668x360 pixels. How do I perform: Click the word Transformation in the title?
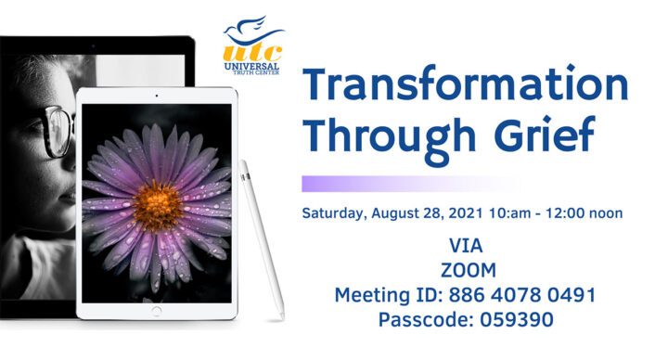click(466, 87)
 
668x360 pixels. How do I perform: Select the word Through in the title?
click(390, 136)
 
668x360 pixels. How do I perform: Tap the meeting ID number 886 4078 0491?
click(523, 295)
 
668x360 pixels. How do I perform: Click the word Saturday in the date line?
click(334, 212)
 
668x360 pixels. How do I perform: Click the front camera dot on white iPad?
click(157, 96)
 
